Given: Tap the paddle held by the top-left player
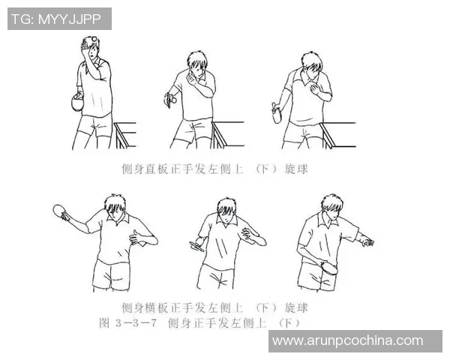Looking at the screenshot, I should (x=76, y=102).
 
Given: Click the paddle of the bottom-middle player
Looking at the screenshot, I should (x=196, y=246).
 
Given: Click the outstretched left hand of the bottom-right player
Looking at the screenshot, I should (x=366, y=241).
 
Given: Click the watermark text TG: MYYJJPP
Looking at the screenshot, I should (x=59, y=19).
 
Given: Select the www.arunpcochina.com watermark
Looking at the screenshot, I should (x=347, y=340).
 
